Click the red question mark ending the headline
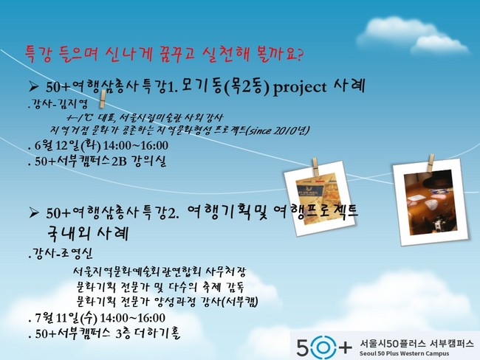(299, 55)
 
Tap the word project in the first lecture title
(299, 88)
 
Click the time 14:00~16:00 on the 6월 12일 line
(136, 145)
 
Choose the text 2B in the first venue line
(119, 162)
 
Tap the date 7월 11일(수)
(66, 318)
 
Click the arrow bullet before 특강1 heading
(33, 88)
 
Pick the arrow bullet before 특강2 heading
(33, 212)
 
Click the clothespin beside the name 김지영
(103, 99)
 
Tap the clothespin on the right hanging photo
(431, 163)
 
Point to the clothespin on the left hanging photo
(315, 167)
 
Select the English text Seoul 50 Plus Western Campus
(404, 353)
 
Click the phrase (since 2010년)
(277, 131)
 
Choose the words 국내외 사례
(88, 234)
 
